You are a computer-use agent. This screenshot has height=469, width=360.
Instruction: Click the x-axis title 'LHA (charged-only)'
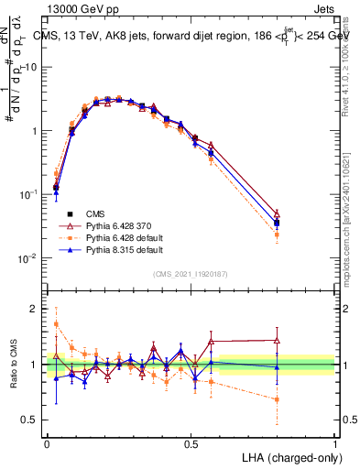click(290, 456)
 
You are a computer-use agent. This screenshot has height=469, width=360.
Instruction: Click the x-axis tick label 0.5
click(191, 443)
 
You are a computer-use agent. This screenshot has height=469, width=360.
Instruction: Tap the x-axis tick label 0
click(47, 443)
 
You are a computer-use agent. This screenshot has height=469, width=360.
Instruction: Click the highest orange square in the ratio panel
click(56, 324)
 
